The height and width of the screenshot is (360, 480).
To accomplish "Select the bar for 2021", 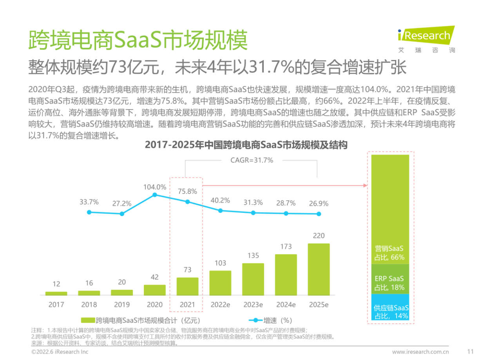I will click(187, 286).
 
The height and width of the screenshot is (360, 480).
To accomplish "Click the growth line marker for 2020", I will click(155, 194).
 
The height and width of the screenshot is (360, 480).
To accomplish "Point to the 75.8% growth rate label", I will click(187, 192).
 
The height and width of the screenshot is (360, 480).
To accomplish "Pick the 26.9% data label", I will click(319, 204).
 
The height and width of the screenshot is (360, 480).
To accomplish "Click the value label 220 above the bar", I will click(319, 236).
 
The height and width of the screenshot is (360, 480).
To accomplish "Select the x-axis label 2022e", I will click(220, 304).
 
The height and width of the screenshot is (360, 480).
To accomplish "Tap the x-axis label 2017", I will click(56, 304).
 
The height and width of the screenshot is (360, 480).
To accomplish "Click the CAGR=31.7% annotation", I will click(251, 160).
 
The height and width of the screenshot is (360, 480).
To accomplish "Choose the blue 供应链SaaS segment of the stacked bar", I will click(390, 307).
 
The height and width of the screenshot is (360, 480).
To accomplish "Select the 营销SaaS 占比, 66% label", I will click(389, 253).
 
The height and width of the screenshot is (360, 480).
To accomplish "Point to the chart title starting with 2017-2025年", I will click(246, 145).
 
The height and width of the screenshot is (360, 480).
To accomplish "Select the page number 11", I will click(470, 351).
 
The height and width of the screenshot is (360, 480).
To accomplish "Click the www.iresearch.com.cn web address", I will click(420, 351).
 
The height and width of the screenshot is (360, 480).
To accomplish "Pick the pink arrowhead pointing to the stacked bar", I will click(365, 185).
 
